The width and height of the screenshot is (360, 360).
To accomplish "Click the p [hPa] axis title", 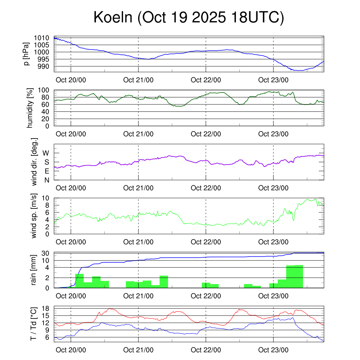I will pyautogui.click(x=26, y=54).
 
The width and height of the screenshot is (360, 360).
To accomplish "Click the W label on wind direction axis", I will pyautogui.click(x=46, y=153).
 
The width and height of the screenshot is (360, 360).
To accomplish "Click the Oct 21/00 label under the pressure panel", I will pyautogui.click(x=138, y=80).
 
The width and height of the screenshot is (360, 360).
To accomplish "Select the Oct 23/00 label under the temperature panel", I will pyautogui.click(x=273, y=350).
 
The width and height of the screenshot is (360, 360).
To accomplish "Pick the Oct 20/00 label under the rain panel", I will pyautogui.click(x=71, y=296).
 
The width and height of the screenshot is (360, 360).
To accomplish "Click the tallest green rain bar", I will pyautogui.click(x=299, y=276).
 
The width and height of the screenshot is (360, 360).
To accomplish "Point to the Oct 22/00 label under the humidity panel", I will pyautogui.click(x=206, y=134).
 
